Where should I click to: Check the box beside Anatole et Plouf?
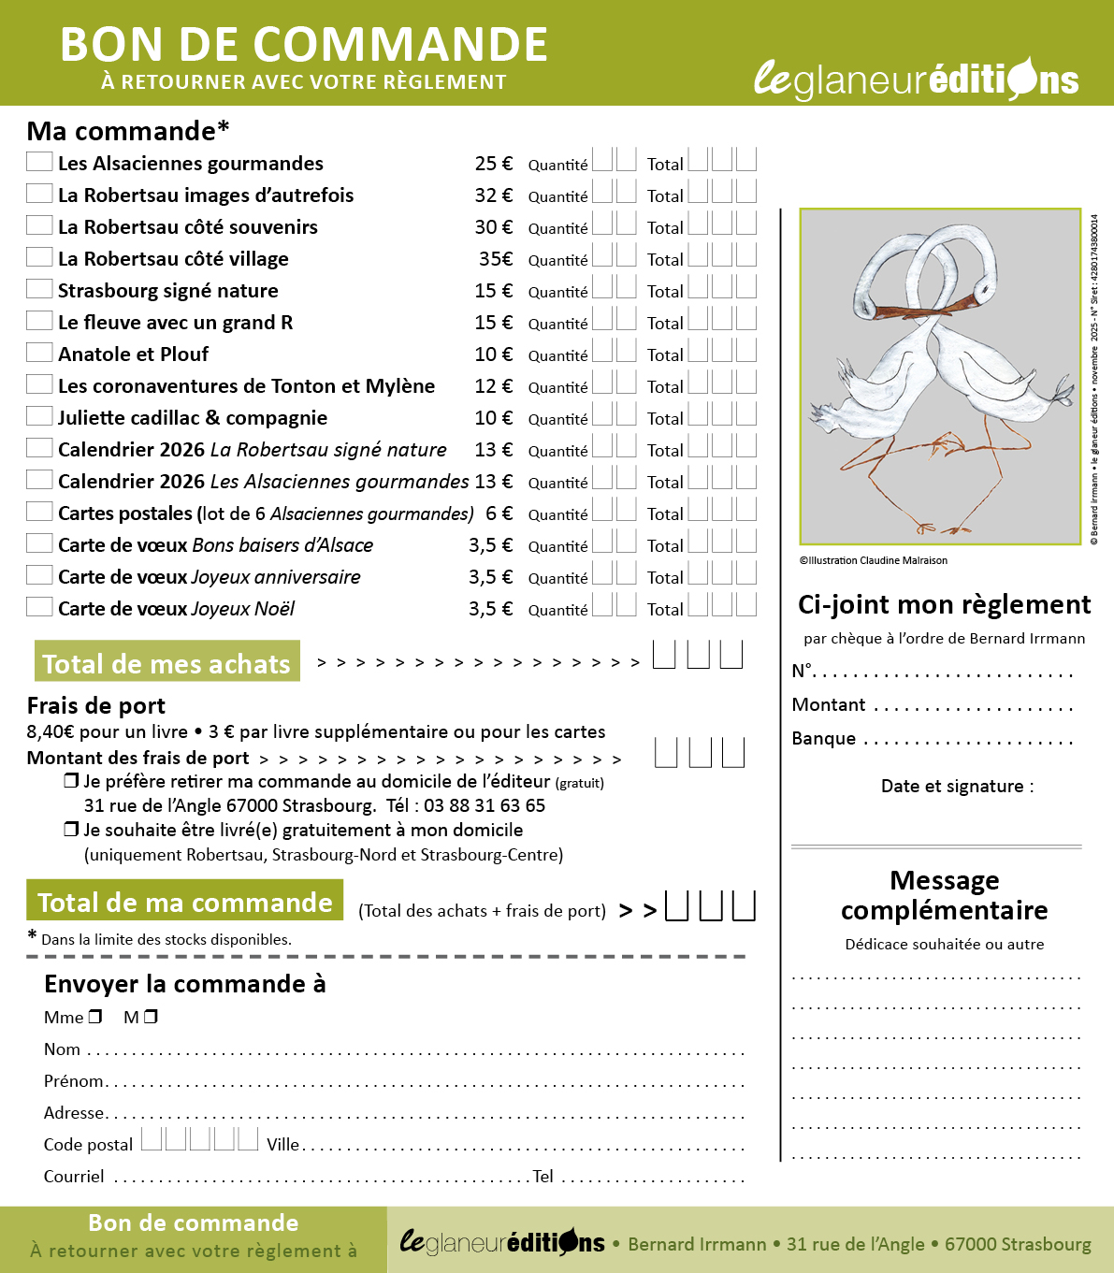[39, 353]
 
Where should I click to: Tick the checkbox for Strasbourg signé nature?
[39, 289]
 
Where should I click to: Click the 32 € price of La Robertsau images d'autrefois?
[493, 195]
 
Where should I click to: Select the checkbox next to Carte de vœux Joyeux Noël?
[39, 607]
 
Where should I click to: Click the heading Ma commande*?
[128, 131]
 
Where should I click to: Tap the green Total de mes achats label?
[166, 662]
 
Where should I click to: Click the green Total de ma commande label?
[184, 901]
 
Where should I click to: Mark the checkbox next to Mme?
[95, 1017]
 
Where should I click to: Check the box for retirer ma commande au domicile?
[71, 781]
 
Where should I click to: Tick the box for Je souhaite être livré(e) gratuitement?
[71, 830]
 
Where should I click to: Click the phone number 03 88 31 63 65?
[484, 806]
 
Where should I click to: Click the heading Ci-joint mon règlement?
[944, 605]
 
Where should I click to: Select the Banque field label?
[823, 739]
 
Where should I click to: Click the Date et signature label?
[957, 787]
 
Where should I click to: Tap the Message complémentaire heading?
[944, 895]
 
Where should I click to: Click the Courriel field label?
[74, 1177]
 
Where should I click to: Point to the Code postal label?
[88, 1145]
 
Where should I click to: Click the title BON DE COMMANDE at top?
[304, 45]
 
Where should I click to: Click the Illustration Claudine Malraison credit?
[874, 561]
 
